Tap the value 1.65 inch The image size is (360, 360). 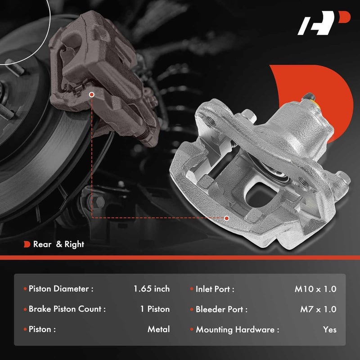[x=152, y=288]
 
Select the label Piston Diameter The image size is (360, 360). [x=61, y=289]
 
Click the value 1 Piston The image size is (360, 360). [x=155, y=309]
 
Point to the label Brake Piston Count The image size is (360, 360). [x=67, y=309]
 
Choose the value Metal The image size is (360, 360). [x=158, y=329]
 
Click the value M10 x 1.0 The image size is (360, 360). [x=315, y=289]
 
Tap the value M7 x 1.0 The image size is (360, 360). [x=318, y=309]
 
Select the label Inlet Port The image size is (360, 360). [x=215, y=289]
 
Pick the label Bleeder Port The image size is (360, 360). [x=221, y=309]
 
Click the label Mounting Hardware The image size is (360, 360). [x=237, y=329]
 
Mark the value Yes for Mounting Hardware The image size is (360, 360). [x=329, y=329]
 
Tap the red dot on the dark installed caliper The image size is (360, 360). [x=92, y=95]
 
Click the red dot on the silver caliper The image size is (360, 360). [x=226, y=218]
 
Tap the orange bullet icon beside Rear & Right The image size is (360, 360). [x=27, y=244]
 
